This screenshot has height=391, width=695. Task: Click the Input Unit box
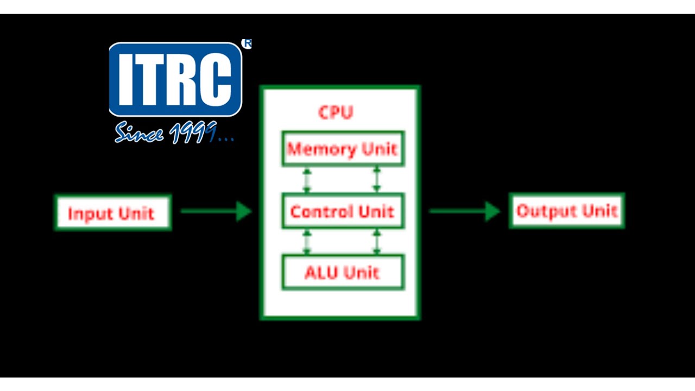point(113,212)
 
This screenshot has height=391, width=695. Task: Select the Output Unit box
point(567,211)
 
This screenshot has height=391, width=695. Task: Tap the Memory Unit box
point(343,148)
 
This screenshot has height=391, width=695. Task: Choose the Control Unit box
point(343,211)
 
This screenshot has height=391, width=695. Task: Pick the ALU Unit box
point(343,272)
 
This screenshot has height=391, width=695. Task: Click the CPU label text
point(336,112)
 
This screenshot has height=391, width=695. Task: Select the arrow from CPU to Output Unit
point(465,211)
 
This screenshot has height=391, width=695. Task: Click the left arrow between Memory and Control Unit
point(307,180)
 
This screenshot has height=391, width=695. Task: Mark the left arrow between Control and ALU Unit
point(307,242)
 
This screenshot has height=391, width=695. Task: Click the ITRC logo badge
point(175,79)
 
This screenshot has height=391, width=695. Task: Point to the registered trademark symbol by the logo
point(247,44)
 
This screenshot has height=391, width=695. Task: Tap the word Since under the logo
point(139,132)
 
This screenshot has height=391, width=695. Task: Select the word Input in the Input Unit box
point(88,213)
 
